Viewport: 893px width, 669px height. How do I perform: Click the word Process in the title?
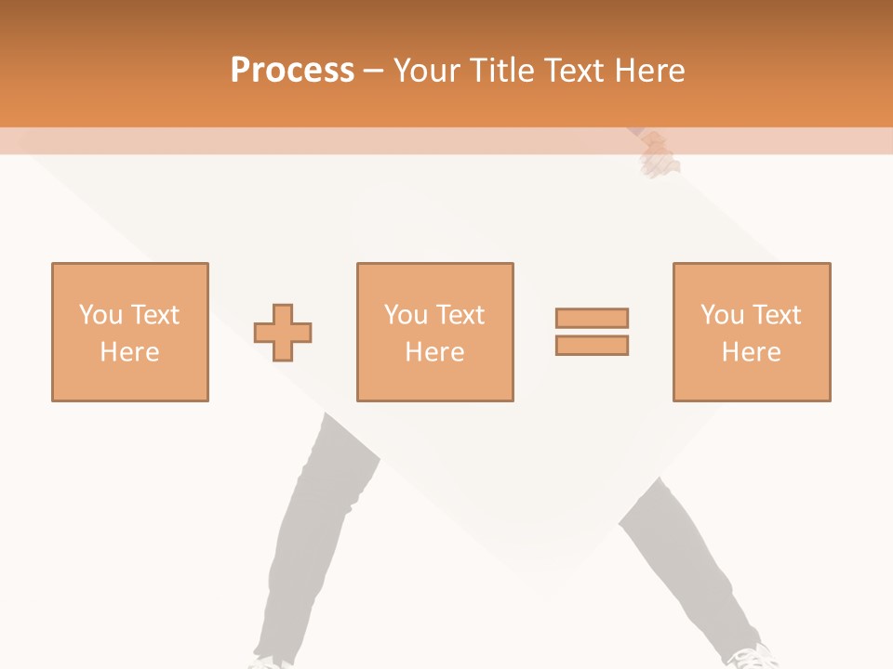(x=292, y=71)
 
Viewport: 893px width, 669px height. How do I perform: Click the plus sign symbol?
(x=283, y=332)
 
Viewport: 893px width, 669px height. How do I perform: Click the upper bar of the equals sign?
(x=592, y=318)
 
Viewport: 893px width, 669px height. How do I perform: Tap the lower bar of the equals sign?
(x=592, y=345)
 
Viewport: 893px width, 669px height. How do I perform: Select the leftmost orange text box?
(x=130, y=332)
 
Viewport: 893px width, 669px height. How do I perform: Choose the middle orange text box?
(x=434, y=332)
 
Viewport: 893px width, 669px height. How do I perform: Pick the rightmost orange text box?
(x=752, y=332)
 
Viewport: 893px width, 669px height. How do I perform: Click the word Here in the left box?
(x=129, y=352)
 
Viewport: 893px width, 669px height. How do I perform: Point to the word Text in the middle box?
(x=459, y=315)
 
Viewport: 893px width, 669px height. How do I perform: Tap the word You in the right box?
(x=723, y=315)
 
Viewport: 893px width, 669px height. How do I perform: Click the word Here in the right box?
(x=752, y=352)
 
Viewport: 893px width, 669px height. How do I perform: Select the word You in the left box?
(x=100, y=315)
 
